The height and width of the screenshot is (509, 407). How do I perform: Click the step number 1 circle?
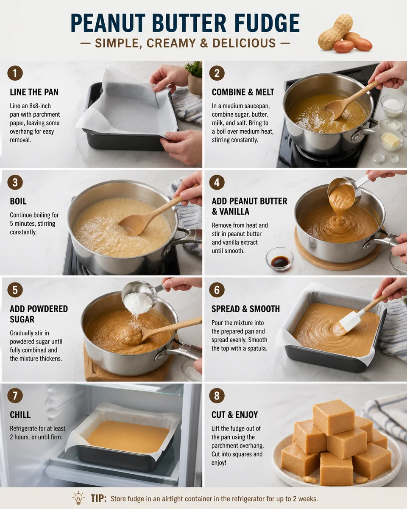click(x=15, y=73)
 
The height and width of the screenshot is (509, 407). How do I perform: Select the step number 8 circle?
click(x=217, y=395)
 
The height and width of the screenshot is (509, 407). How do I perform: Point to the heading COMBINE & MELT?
click(x=243, y=92)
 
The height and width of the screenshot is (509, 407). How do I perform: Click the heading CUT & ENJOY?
click(x=234, y=414)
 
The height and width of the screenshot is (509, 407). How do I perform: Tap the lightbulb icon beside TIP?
click(x=78, y=498)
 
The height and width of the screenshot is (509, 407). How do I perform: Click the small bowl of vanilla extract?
click(x=280, y=260)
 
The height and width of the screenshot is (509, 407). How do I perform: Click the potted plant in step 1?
click(x=195, y=78)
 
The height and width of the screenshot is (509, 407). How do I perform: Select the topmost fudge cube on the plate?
click(x=333, y=416)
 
